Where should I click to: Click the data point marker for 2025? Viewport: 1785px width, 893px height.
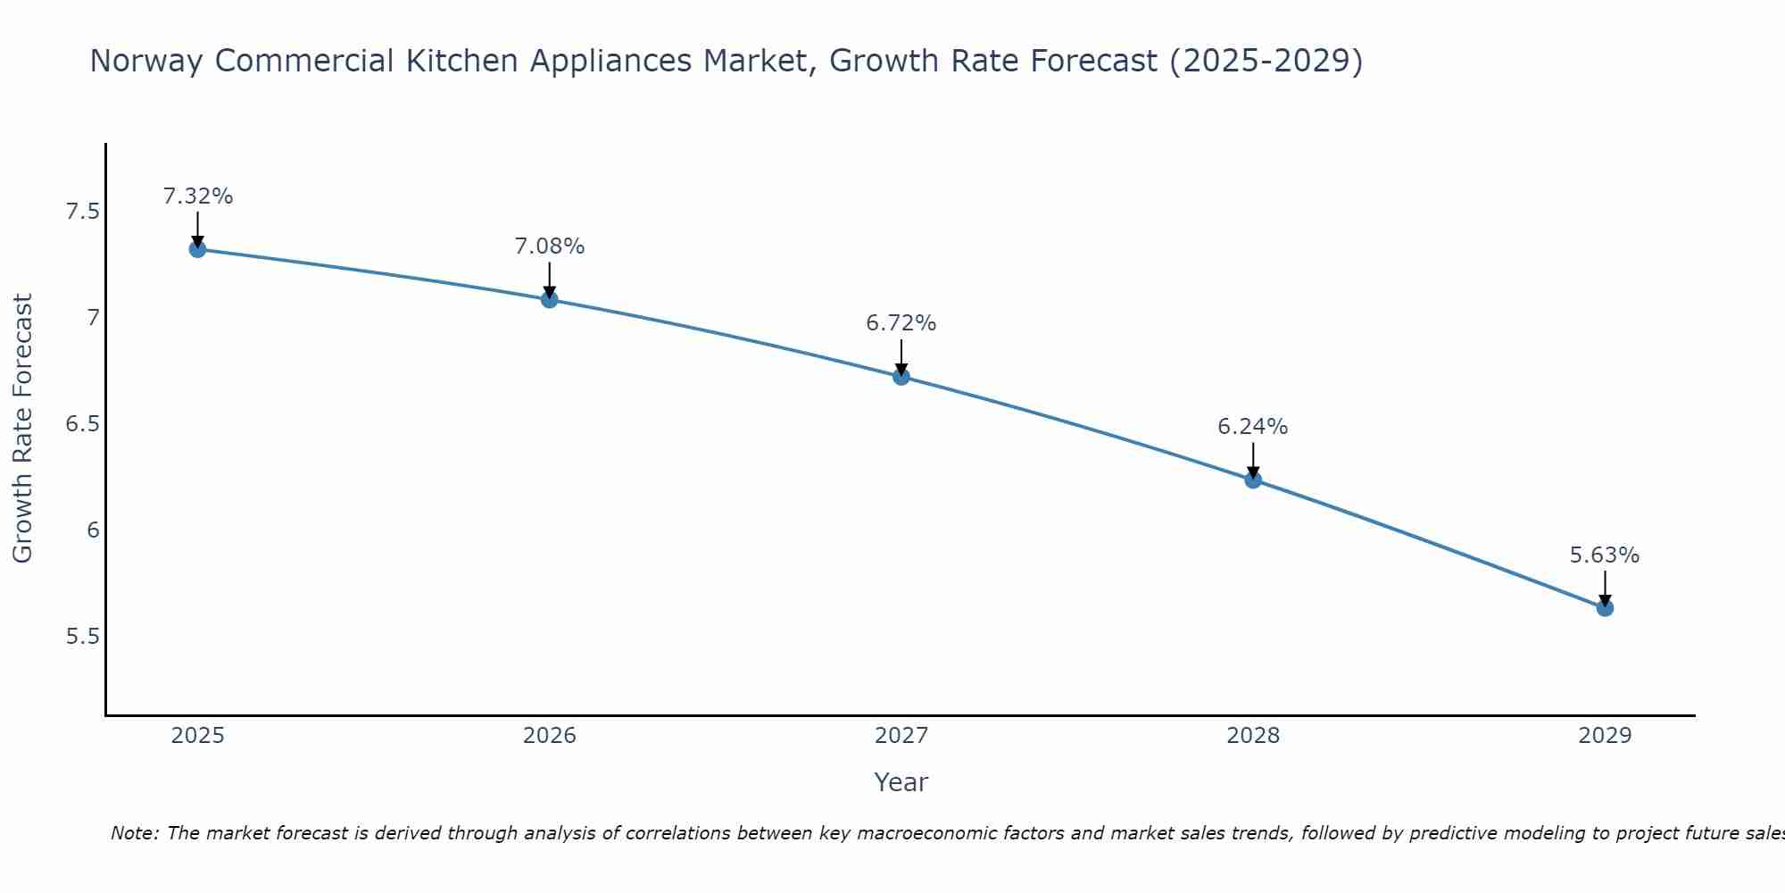click(x=197, y=249)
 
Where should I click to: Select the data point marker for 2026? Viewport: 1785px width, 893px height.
click(x=550, y=299)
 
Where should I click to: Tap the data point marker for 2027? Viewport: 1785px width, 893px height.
click(x=901, y=376)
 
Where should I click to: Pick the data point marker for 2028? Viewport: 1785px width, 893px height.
click(x=1253, y=480)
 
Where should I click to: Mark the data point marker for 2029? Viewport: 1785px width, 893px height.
click(x=1605, y=608)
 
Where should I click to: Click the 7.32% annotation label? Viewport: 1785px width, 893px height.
click(x=197, y=196)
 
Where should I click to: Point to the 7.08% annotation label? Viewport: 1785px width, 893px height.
click(x=550, y=246)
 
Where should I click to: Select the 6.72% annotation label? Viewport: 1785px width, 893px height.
click(x=901, y=323)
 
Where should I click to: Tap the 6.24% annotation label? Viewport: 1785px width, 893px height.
click(x=1253, y=427)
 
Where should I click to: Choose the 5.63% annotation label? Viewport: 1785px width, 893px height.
click(x=1605, y=555)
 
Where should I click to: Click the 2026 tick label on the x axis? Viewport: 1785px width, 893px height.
click(x=550, y=736)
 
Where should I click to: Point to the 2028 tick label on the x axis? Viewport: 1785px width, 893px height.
click(x=1253, y=736)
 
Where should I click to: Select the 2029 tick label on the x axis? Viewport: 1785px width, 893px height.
click(x=1605, y=736)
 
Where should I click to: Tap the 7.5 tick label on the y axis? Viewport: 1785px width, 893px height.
click(x=82, y=212)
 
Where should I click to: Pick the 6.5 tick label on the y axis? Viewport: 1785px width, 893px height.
click(x=82, y=424)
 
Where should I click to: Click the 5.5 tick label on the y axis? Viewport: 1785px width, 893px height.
click(x=82, y=637)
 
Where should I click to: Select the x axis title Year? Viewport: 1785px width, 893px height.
click(x=901, y=782)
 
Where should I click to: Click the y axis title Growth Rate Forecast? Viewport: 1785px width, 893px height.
click(x=22, y=429)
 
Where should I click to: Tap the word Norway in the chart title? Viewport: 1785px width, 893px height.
click(x=147, y=61)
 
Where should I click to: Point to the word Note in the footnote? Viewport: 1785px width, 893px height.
click(x=134, y=834)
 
